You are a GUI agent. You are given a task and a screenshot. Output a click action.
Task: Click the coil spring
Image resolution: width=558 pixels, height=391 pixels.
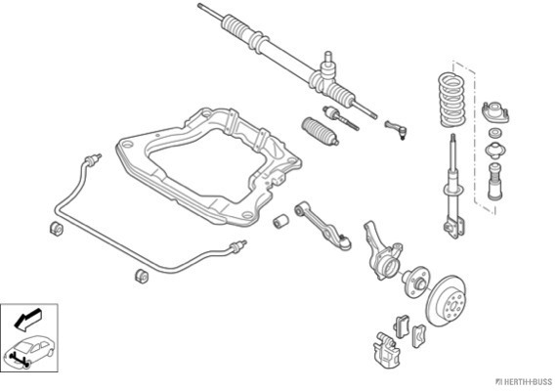pyautogui.click(x=451, y=100)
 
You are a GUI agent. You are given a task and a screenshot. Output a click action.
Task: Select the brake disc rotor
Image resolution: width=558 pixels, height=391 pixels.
pyautogui.click(x=448, y=301)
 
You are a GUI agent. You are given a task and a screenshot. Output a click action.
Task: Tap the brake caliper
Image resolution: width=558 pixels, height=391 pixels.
pyautogui.click(x=387, y=349)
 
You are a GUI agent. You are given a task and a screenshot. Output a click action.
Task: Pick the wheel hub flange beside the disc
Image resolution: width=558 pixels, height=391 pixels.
pyautogui.click(x=416, y=282)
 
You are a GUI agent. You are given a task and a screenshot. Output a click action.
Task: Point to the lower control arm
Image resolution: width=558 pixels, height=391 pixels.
pyautogui.click(x=322, y=226)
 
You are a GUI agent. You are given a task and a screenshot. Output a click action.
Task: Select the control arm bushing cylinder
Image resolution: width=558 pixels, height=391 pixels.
pyautogui.click(x=281, y=221)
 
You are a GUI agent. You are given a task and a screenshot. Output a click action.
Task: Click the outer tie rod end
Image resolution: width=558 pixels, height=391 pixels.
pyautogui.click(x=396, y=128)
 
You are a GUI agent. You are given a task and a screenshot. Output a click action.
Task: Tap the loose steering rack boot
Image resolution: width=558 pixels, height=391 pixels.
pyautogui.click(x=320, y=131)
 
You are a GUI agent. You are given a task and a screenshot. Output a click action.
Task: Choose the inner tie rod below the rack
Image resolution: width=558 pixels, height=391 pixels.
pyautogui.click(x=341, y=118)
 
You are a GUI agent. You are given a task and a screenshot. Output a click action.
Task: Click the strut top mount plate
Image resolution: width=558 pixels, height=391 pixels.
pyautogui.click(x=495, y=112)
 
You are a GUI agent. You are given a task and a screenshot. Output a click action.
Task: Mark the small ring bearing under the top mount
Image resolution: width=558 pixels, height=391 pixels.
pyautogui.click(x=494, y=134)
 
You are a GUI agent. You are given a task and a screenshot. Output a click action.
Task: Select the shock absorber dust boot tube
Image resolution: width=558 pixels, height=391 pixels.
pyautogui.click(x=494, y=181)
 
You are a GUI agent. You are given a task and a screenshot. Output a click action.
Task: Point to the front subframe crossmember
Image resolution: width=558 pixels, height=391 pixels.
pyautogui.click(x=209, y=165)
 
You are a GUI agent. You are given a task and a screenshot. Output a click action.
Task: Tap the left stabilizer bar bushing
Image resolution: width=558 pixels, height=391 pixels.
pyautogui.click(x=57, y=229)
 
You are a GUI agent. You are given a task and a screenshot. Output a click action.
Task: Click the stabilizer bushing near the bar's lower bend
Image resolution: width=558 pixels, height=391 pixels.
pyautogui.click(x=142, y=276)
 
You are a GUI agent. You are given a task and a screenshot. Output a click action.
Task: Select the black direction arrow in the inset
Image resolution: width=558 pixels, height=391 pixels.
pyautogui.click(x=27, y=319)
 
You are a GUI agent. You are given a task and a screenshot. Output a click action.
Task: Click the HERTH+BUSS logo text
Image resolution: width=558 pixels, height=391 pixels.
pyautogui.click(x=524, y=382)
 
